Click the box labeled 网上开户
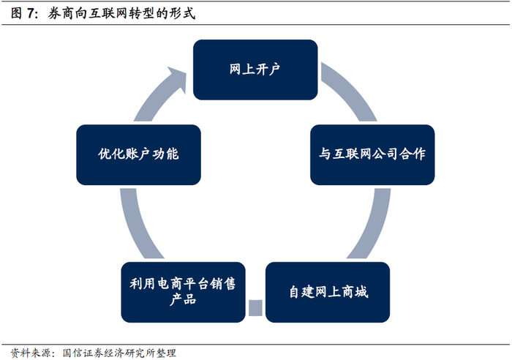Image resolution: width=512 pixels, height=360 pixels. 255,70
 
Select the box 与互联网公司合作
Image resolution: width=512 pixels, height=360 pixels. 372,154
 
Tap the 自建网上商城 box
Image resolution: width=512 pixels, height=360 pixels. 327,292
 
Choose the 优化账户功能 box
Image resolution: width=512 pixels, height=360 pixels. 138,154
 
